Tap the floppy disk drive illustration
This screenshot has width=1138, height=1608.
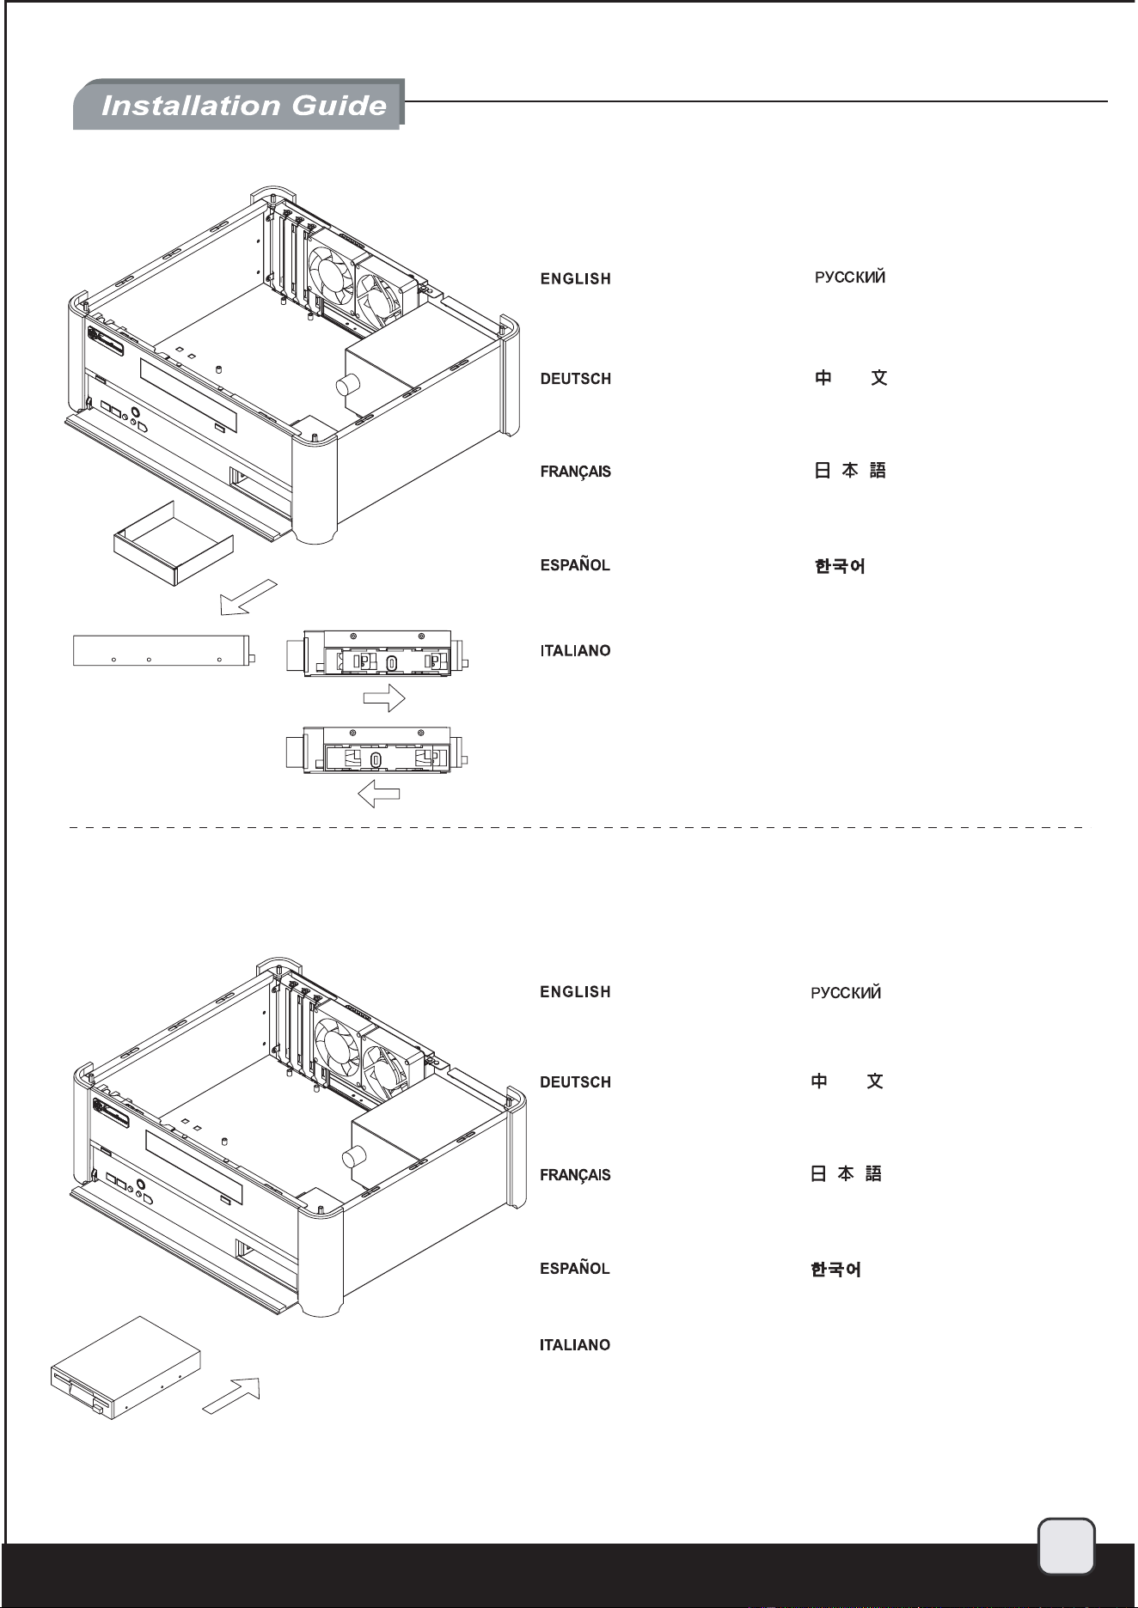(x=125, y=1368)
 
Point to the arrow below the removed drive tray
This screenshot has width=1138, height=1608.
(x=248, y=597)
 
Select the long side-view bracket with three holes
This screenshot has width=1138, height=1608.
(x=164, y=650)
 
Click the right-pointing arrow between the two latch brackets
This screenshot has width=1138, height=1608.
(x=384, y=697)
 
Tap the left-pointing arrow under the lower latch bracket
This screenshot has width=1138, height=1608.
(x=379, y=794)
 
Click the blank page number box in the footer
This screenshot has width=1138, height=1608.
(x=1067, y=1547)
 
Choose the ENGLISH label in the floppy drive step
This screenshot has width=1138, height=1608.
(x=575, y=992)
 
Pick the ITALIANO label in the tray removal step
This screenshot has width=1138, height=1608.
(x=575, y=651)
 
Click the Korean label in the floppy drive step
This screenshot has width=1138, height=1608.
(x=835, y=1269)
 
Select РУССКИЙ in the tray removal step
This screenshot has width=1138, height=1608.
(x=850, y=277)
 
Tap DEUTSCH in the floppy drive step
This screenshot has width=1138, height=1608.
(x=575, y=1082)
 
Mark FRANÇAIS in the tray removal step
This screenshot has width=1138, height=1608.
(x=575, y=472)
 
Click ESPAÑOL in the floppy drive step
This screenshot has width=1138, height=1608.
(x=575, y=1268)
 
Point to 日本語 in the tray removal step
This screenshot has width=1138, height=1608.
(x=850, y=470)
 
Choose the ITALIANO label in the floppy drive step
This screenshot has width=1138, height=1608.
(x=575, y=1345)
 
